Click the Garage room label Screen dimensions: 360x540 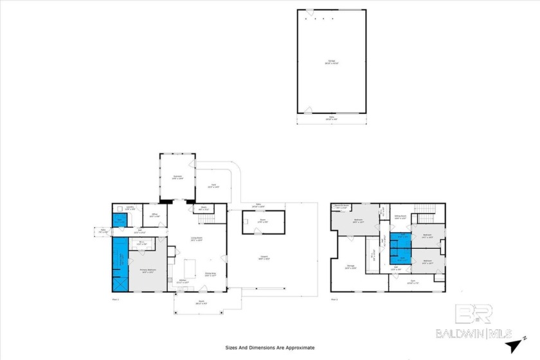click(331, 62)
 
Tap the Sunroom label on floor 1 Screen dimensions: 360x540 click(177, 177)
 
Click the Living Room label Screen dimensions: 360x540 click(197, 239)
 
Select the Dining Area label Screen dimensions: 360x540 click(210, 273)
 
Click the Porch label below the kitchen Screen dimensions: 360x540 click(201, 301)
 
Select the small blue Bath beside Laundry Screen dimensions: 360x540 click(118, 220)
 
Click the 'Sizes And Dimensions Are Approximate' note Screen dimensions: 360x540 click(270, 347)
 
